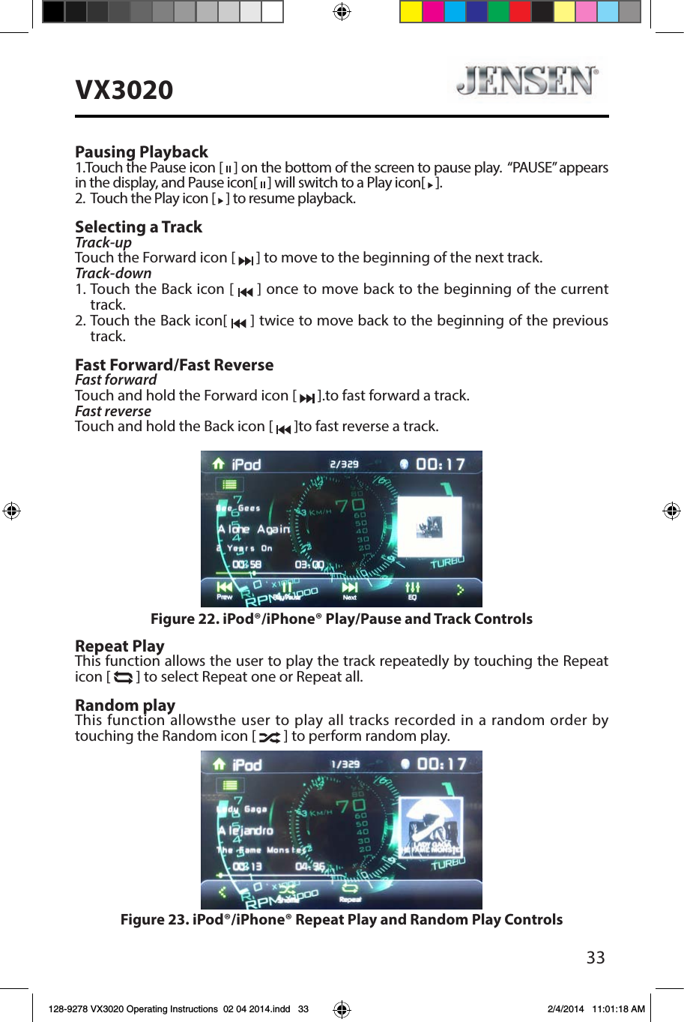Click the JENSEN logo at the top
click(x=527, y=80)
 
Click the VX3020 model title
click(x=124, y=90)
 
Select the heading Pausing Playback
click(x=141, y=151)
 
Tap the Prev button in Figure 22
click(x=224, y=590)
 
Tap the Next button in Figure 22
click(x=350, y=590)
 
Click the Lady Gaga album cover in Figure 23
click(x=431, y=826)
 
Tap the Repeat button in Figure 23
click(x=350, y=892)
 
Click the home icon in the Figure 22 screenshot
click(x=218, y=464)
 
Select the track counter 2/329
click(x=345, y=464)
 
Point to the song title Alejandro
click(x=246, y=831)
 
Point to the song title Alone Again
click(x=253, y=529)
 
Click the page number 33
click(x=595, y=958)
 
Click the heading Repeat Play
click(x=119, y=646)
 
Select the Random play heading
click(x=124, y=705)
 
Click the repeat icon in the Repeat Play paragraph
click(x=123, y=678)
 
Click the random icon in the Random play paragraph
click(x=269, y=737)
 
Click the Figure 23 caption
click(x=341, y=919)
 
